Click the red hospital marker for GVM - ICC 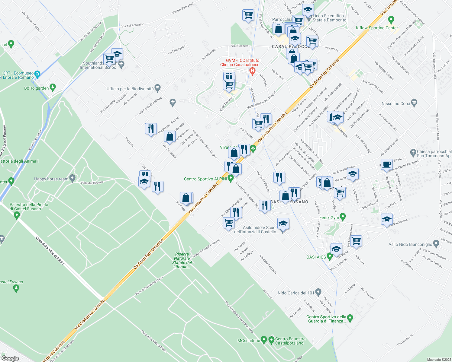(x=252, y=71)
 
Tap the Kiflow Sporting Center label (x=377, y=28)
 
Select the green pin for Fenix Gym (x=343, y=217)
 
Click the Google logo (x=10, y=358)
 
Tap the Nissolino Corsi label (x=396, y=103)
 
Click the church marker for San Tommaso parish (x=413, y=152)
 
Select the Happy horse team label (x=51, y=179)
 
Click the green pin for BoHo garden (x=53, y=87)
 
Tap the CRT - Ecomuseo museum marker (x=37, y=74)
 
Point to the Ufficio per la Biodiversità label (x=130, y=89)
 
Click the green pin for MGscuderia (x=264, y=340)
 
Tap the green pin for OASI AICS (x=330, y=257)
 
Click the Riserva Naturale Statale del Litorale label (x=182, y=260)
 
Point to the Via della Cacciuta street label (x=268, y=264)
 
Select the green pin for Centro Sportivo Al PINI (x=231, y=179)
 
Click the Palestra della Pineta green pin (x=17, y=215)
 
